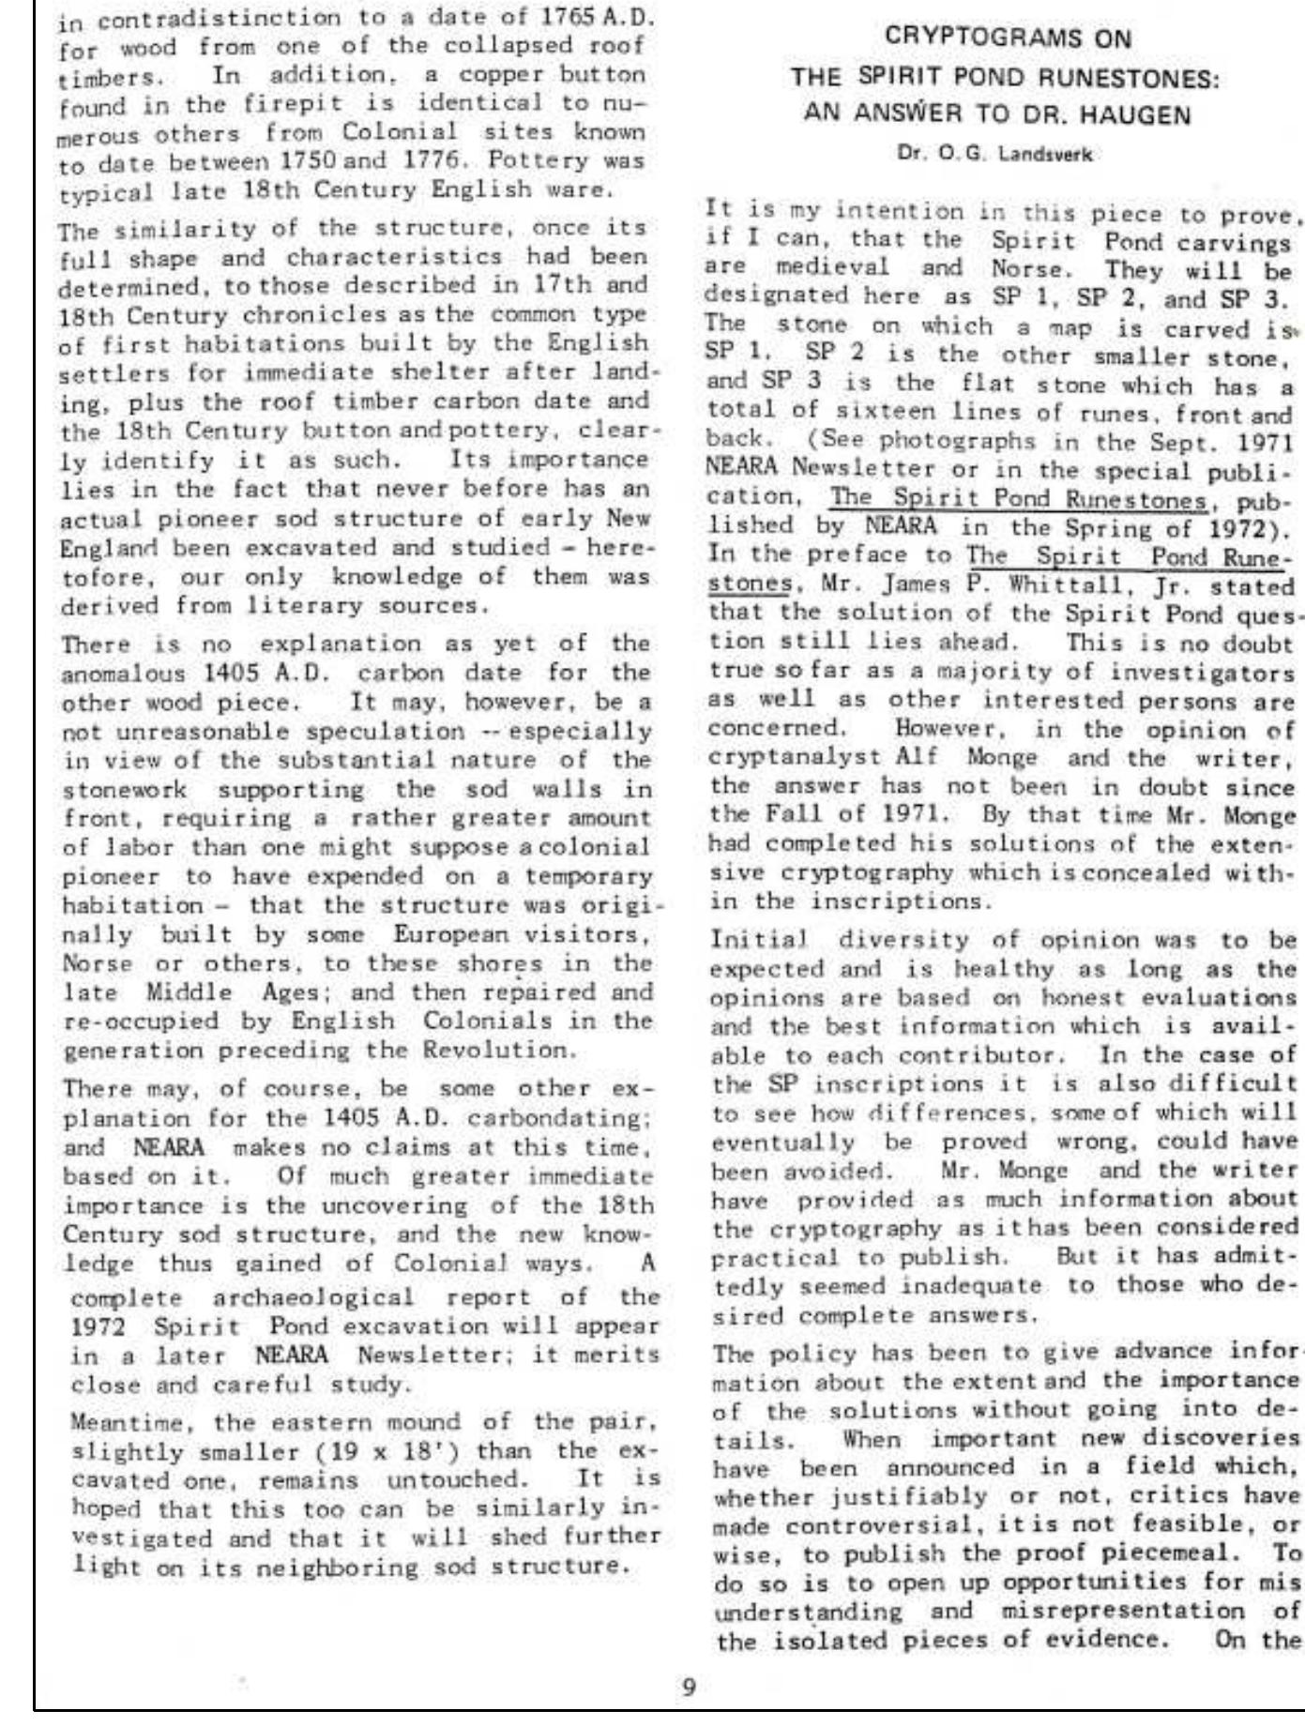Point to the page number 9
(x=688, y=1687)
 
